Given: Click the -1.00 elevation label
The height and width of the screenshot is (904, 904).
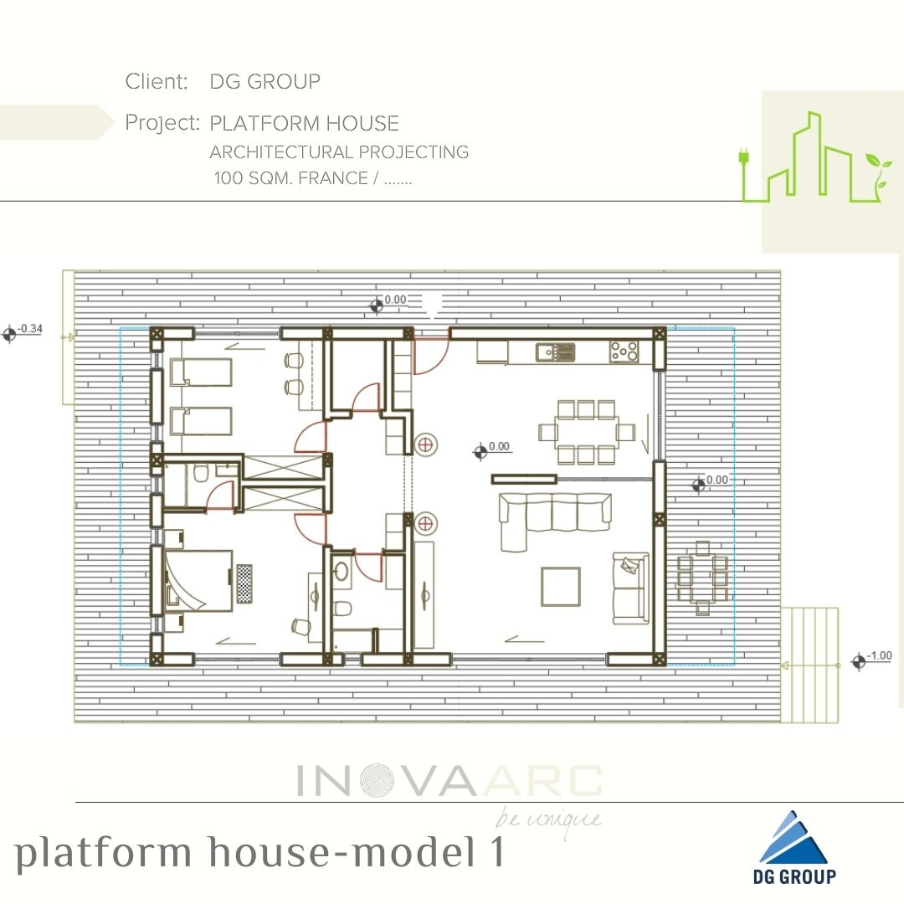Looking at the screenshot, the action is point(879,655).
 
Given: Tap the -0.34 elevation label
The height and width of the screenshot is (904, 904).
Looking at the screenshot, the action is point(30,329).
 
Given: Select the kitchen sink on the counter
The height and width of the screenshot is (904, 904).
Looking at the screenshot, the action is point(555,352).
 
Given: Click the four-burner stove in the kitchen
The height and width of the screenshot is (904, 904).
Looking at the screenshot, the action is point(624,352).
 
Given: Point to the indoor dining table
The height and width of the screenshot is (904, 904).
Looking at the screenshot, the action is point(587,433).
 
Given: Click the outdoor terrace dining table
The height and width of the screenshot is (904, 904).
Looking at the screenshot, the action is point(702,578).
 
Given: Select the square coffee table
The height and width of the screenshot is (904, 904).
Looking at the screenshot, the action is point(560,586).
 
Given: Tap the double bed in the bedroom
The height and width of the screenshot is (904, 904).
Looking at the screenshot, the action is point(199,580).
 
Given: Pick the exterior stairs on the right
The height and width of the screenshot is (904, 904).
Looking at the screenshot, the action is point(809,665).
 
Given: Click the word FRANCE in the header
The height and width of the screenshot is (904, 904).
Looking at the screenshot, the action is point(332,177).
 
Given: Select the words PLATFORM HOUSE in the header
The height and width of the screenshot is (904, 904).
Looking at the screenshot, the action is point(305,123).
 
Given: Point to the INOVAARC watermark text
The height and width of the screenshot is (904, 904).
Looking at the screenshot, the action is point(449,781).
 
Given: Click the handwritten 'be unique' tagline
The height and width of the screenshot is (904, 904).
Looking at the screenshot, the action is point(548,820).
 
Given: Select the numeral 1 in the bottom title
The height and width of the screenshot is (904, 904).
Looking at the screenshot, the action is point(496,851).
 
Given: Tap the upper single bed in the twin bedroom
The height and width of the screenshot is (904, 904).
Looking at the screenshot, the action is point(201,372).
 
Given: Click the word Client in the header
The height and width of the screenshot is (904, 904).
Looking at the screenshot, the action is point(157,81).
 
